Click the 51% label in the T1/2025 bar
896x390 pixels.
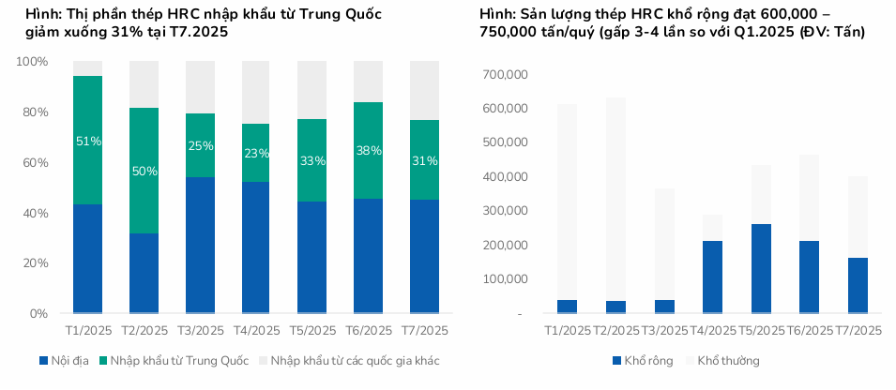tap(88, 142)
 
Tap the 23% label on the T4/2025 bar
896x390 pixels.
tap(256, 154)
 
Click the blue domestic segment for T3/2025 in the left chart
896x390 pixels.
tap(200, 244)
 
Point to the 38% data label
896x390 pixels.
tap(369, 150)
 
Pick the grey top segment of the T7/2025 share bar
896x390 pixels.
tap(424, 90)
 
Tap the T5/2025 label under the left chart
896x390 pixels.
tap(311, 331)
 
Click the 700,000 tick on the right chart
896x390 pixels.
tap(504, 74)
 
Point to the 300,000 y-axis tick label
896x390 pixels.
tap(504, 211)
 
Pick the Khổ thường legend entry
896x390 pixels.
tap(728, 360)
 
